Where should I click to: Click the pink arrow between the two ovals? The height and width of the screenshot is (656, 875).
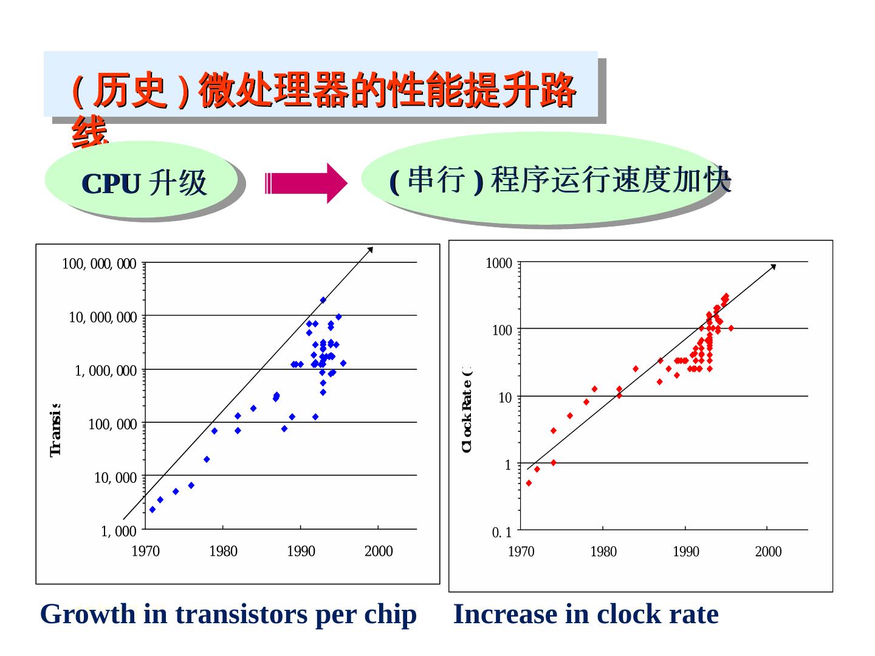coord(306,183)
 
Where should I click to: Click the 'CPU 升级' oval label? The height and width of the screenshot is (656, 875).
coord(144,183)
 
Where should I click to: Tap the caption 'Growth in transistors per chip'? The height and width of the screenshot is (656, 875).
coord(228,614)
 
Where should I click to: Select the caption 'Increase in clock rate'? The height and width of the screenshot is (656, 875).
coord(586,614)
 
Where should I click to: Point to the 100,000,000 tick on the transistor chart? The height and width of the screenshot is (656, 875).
coord(99,264)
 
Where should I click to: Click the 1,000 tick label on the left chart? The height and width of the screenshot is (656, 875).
coord(118,531)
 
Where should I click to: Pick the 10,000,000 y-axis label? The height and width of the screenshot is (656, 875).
coord(103,317)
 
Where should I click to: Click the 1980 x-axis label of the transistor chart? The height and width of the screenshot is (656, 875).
coord(223,552)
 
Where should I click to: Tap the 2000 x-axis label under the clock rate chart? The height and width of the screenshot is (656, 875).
coord(768,552)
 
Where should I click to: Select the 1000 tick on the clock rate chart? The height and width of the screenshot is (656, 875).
coord(499,264)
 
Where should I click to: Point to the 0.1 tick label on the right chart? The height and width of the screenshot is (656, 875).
coord(502,533)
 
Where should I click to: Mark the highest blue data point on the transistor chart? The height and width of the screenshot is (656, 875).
coord(323,300)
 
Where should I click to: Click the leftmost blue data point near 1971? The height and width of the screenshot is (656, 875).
coord(153,510)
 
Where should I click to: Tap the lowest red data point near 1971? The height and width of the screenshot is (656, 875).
coord(529,483)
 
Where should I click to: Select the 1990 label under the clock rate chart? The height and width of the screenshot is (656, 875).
coord(685,552)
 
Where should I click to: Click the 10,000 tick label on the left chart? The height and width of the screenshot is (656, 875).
coord(115,478)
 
